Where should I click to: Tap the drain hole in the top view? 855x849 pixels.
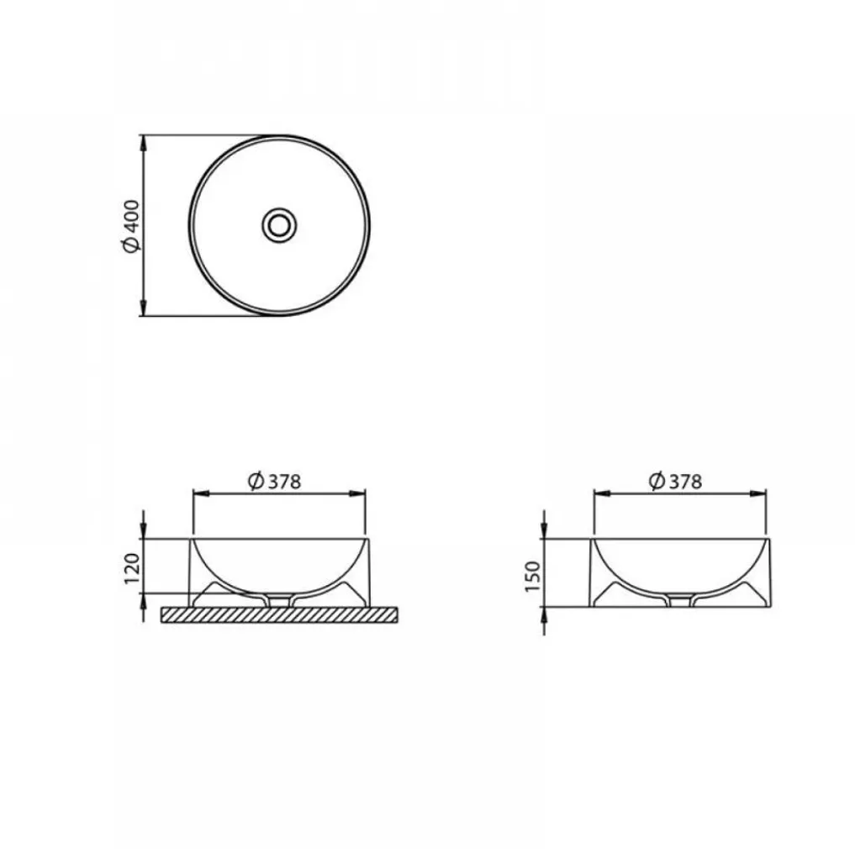(x=278, y=224)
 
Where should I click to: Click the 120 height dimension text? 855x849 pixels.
(x=133, y=570)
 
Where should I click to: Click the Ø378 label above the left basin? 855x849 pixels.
(x=274, y=481)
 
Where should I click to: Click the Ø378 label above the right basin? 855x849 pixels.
(x=675, y=481)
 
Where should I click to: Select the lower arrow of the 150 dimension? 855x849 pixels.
(x=546, y=616)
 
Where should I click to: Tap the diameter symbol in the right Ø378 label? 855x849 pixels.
(x=657, y=481)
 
